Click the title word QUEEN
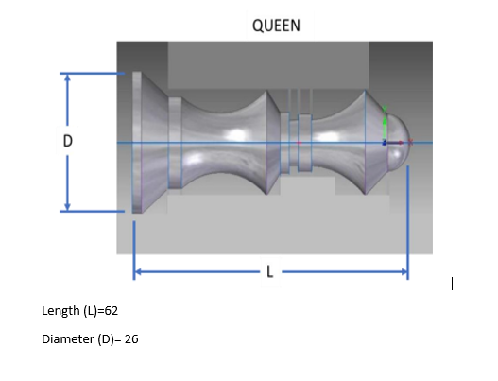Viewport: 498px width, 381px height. [276, 26]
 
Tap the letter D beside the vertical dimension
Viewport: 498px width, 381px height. [67, 141]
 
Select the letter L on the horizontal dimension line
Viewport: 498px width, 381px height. [270, 272]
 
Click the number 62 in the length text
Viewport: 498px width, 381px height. [111, 310]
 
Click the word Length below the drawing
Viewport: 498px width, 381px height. [60, 310]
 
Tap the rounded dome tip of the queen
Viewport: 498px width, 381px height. [402, 142]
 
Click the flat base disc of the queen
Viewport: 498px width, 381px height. [137, 142]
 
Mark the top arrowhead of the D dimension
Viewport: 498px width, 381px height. [67, 78]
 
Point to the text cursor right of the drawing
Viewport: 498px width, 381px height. [454, 283]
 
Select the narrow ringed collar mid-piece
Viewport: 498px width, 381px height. [299, 142]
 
